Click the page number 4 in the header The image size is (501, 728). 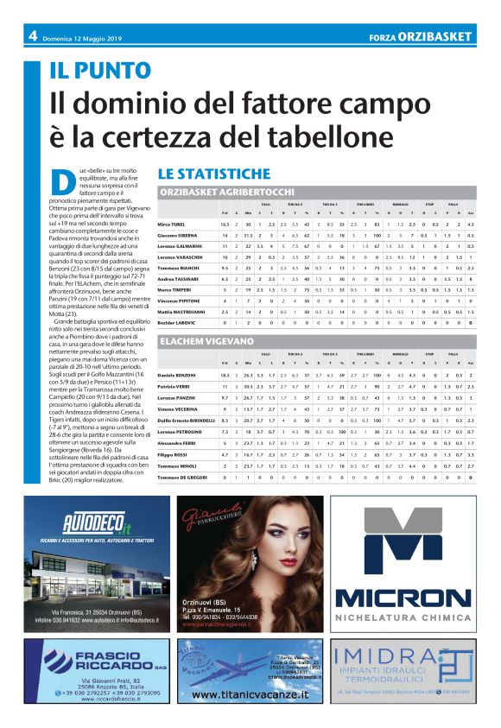point(32,36)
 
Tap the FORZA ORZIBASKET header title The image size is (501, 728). point(419,37)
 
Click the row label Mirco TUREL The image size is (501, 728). point(171,224)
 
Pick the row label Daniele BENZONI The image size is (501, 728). point(176,376)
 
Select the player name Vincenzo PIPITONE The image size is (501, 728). point(178,300)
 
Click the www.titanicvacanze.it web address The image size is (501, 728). point(250,694)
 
